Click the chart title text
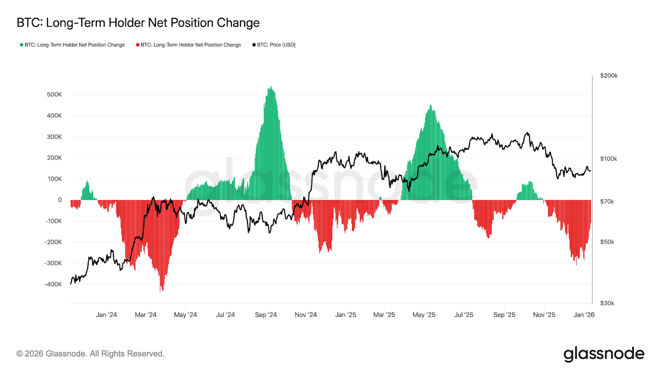click(x=138, y=23)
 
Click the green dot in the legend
click(x=22, y=45)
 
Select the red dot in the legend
click(x=138, y=45)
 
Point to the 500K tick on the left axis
click(x=54, y=94)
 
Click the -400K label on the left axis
click(x=53, y=284)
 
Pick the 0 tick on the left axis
click(x=60, y=200)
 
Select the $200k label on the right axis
click(x=609, y=75)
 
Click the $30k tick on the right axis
click(x=607, y=303)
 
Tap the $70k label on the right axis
click(x=607, y=201)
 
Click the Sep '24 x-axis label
click(x=266, y=315)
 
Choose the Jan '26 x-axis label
click(x=584, y=315)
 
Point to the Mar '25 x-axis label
click(x=384, y=315)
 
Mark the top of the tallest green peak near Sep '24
click(x=271, y=87)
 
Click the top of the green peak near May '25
click(x=431, y=105)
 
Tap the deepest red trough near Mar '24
click(x=161, y=291)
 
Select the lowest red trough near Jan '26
click(x=576, y=264)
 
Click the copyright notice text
click(x=90, y=354)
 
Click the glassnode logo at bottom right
click(x=604, y=354)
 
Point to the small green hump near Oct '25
click(x=530, y=182)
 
